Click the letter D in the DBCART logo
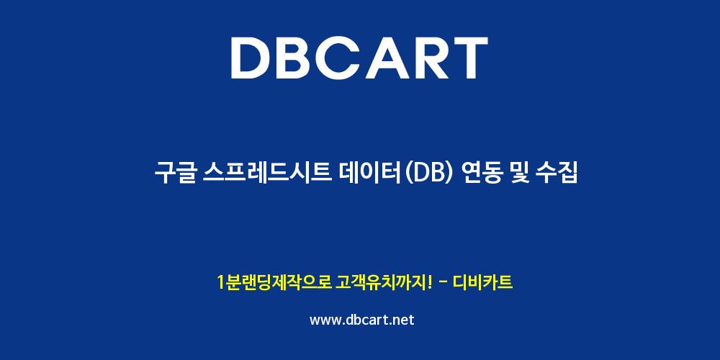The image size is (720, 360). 251,58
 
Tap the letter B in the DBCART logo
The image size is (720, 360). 300,58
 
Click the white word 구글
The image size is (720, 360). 176,174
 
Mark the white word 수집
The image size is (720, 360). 556,174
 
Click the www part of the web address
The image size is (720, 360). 325,320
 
